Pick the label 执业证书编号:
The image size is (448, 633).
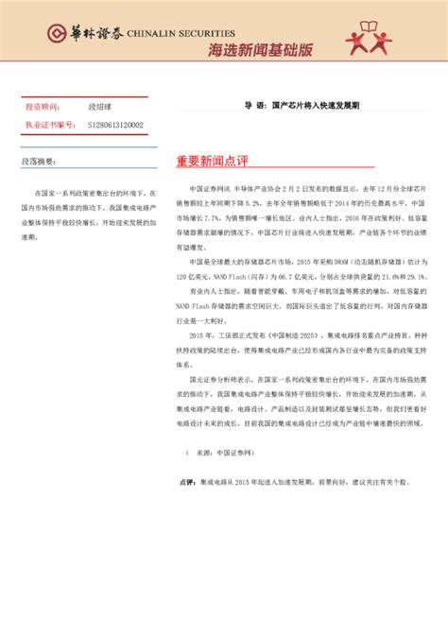click(49, 124)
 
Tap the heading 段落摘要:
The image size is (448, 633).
click(39, 163)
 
